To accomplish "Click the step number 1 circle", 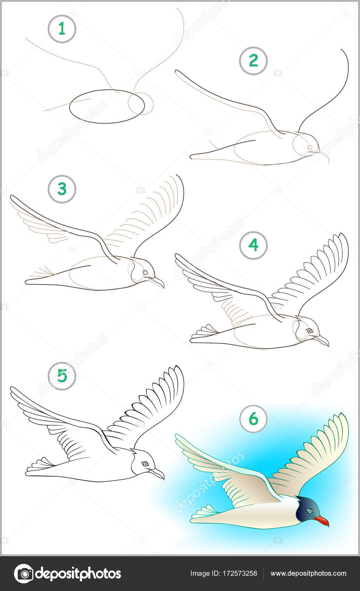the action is point(62,29).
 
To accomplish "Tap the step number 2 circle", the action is point(253,61).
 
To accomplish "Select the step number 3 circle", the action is point(62,189).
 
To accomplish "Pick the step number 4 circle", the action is point(253,245).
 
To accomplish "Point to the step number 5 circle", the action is point(62,376).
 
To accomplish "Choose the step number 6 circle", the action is point(253,419).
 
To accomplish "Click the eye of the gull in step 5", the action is point(145,464).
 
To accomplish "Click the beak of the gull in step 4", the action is point(322,340).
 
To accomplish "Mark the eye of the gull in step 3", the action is point(145,272).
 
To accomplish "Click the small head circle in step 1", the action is point(141,104).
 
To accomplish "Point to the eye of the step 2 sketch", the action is point(310,147).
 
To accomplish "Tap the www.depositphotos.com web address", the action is point(308,573).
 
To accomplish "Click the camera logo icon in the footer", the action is point(24,574).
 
